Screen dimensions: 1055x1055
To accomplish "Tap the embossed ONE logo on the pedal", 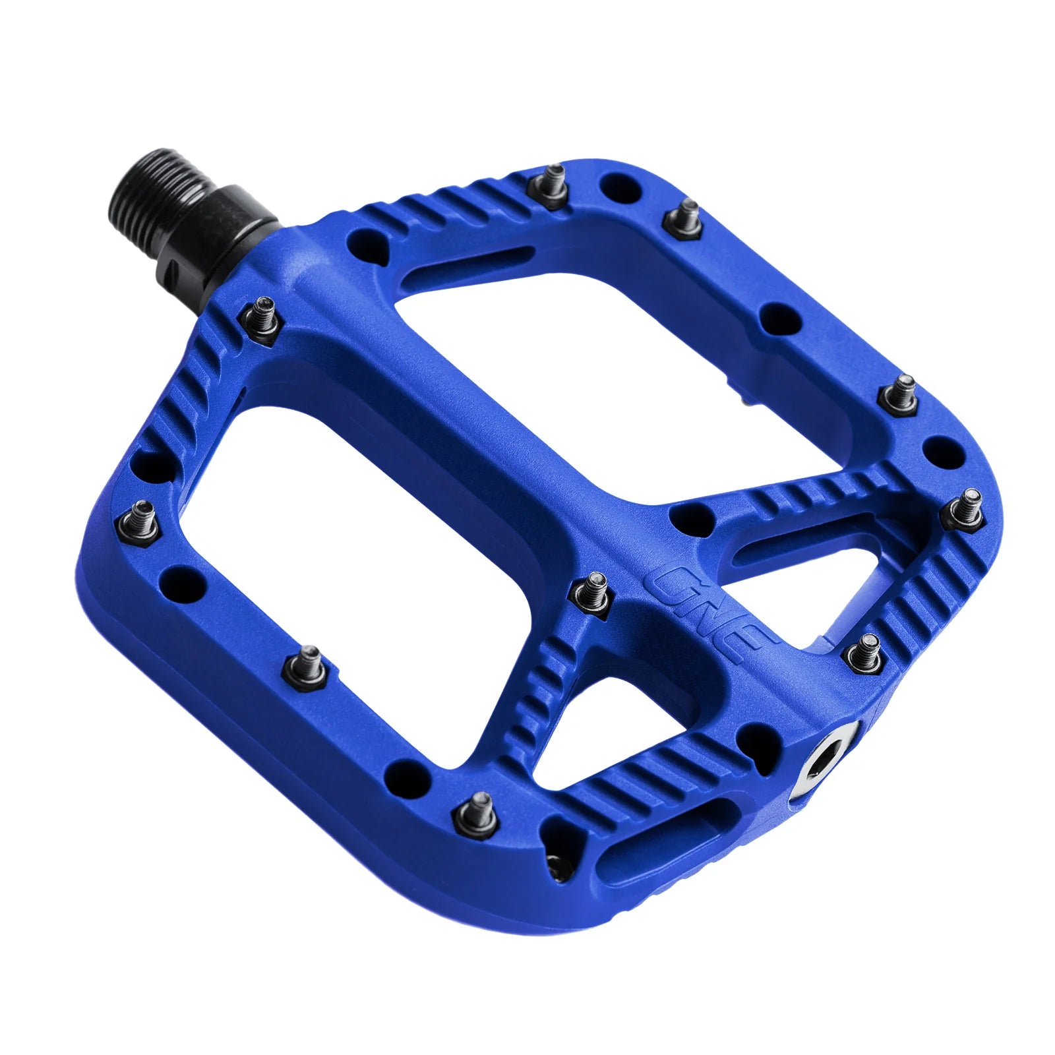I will pyautogui.click(x=708, y=613).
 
